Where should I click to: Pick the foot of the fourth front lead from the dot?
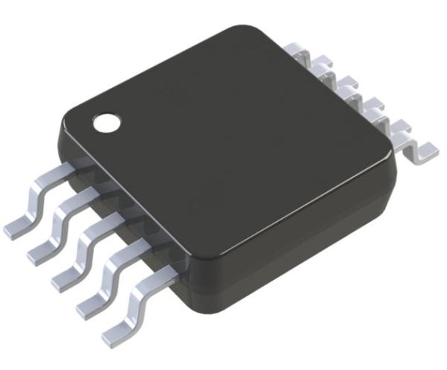point(89,304)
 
